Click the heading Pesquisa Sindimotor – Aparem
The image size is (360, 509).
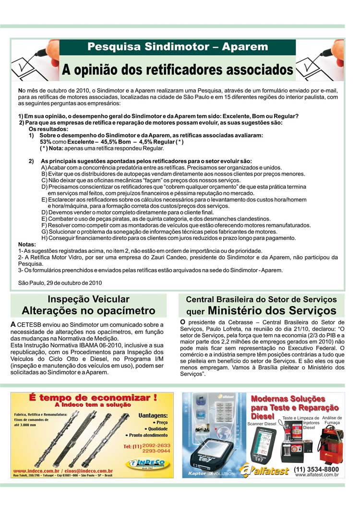tap(178, 47)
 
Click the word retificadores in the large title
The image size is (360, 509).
tap(192, 70)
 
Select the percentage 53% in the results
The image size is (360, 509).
tap(46, 142)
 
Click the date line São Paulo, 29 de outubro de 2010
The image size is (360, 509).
tap(60, 283)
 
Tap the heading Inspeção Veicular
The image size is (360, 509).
tap(88, 299)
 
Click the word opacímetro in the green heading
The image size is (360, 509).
tap(124, 310)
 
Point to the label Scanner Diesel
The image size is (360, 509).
tap(262, 424)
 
